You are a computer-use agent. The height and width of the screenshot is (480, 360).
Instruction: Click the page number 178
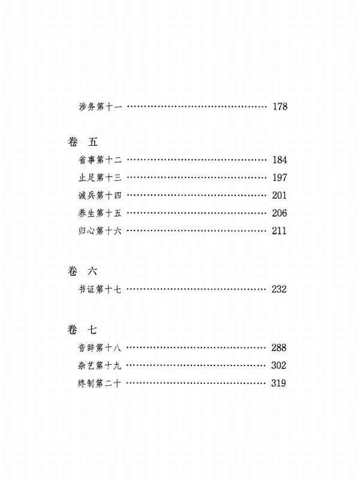pos(280,107)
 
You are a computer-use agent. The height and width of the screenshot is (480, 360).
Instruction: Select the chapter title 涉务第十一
pos(100,107)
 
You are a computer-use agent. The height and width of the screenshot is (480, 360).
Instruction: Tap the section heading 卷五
pos(83,142)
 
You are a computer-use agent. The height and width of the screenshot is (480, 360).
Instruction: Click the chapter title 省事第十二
pos(100,160)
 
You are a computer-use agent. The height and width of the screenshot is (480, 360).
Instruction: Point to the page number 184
pos(280,160)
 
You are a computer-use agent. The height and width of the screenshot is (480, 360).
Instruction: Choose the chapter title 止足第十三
pos(100,178)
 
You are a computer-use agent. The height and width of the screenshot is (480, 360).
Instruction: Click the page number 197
pos(280,178)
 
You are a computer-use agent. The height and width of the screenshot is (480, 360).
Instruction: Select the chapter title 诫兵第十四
pos(100,196)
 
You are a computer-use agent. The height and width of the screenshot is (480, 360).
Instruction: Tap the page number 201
pos(279,196)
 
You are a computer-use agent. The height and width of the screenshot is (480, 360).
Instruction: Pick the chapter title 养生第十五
pos(100,213)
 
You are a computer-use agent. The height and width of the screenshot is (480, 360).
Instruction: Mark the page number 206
pos(279,213)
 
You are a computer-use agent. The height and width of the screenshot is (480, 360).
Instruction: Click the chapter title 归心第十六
pos(100,230)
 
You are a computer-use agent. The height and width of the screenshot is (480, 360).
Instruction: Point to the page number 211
pos(279,231)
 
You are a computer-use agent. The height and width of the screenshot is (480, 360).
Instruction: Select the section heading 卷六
pos(83,271)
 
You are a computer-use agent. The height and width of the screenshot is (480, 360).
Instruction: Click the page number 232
pos(279,289)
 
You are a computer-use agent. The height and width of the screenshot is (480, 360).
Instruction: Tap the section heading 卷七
pos(82,329)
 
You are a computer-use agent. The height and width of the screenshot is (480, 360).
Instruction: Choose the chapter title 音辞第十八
pos(100,348)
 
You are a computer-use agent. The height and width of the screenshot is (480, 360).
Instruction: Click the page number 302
pos(278,365)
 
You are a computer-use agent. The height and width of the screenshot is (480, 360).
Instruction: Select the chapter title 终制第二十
pos(100,383)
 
